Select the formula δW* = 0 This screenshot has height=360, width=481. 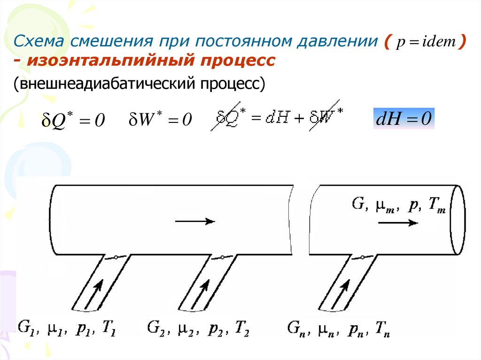(160, 120)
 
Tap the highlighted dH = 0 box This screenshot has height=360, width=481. (403, 119)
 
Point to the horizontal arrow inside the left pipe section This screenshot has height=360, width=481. (194, 222)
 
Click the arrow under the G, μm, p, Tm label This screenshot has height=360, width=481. (397, 223)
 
